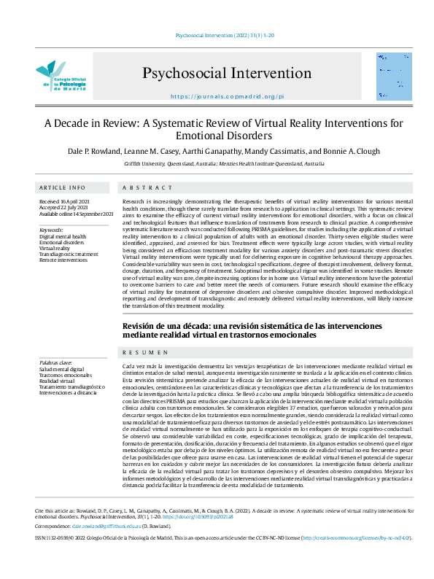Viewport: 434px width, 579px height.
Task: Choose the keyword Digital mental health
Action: (63, 236)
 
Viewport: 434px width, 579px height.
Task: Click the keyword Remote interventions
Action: (64, 260)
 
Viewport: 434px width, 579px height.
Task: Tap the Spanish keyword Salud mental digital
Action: (63, 370)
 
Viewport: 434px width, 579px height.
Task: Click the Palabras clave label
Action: (56, 362)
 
